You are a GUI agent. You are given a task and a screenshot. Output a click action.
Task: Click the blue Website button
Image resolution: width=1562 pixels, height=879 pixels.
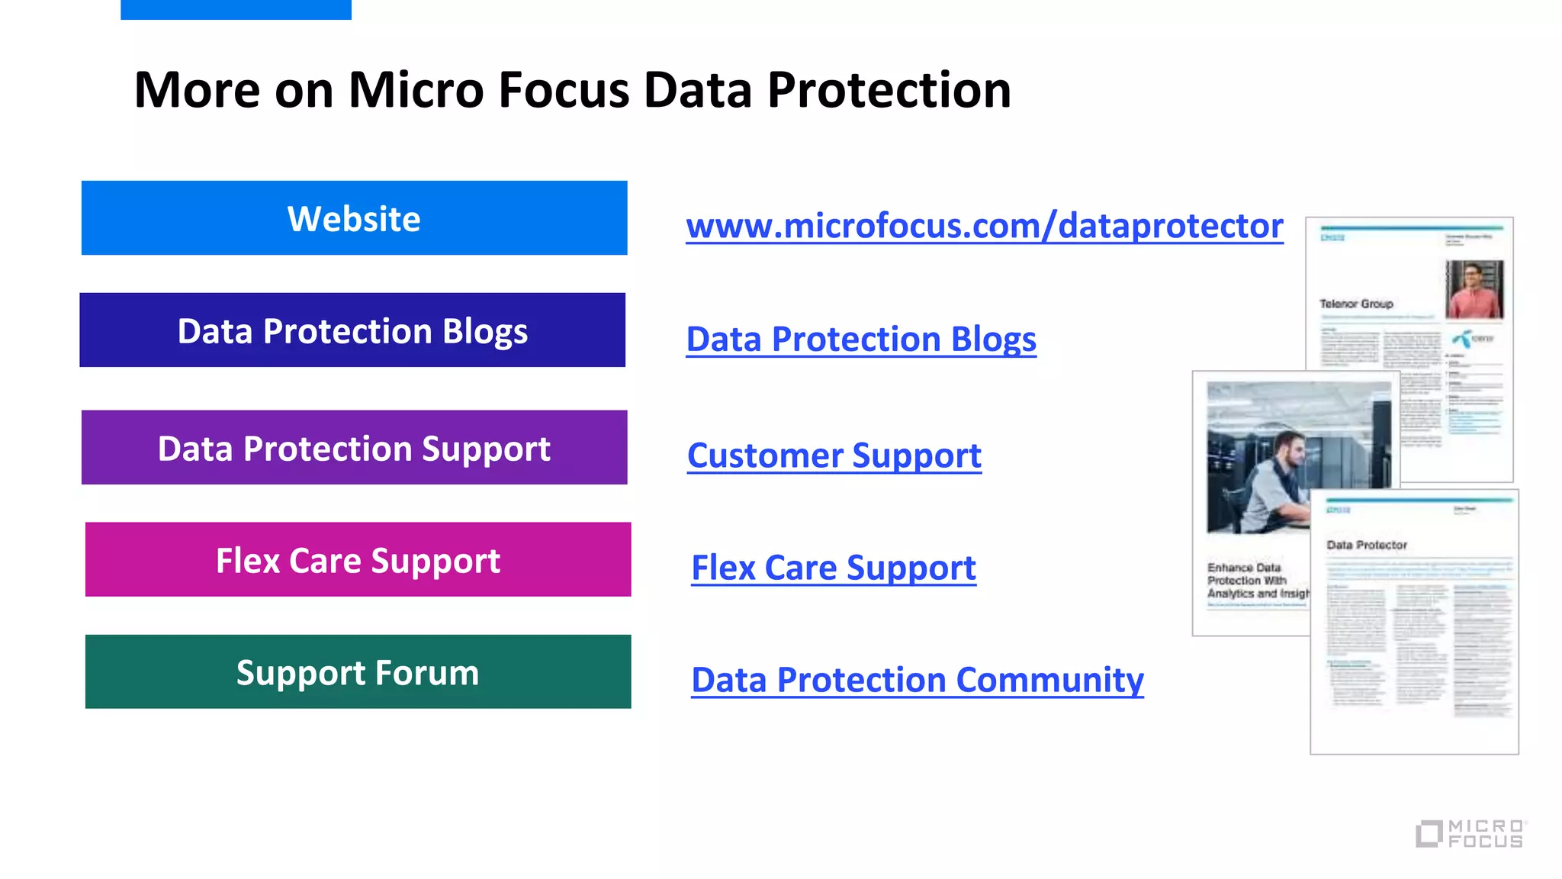pyautogui.click(x=354, y=218)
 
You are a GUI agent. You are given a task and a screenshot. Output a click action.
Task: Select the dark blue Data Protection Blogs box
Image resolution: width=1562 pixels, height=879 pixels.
pyautogui.click(x=352, y=330)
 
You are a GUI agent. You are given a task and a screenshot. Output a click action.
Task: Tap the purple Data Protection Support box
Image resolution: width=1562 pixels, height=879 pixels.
pyautogui.click(x=354, y=448)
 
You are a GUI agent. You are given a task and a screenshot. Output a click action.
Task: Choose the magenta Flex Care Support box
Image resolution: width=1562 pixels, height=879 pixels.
pyautogui.click(x=358, y=560)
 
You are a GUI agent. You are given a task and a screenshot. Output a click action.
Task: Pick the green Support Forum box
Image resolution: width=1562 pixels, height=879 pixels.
pyautogui.click(x=358, y=672)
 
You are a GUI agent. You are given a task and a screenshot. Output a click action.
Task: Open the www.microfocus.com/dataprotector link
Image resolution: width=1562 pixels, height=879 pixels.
pyautogui.click(x=984, y=227)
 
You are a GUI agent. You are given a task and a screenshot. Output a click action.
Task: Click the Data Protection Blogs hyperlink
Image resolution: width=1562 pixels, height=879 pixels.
pyautogui.click(x=861, y=340)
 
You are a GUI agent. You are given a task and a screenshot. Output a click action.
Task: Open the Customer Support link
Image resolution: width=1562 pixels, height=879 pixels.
pyautogui.click(x=834, y=456)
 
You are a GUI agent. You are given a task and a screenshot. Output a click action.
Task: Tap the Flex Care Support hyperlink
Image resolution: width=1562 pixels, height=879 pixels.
pyautogui.click(x=833, y=568)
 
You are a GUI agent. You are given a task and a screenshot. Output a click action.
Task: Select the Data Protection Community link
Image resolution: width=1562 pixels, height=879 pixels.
pyautogui.click(x=917, y=680)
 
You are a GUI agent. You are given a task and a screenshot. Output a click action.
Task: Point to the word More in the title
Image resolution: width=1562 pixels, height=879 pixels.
pyautogui.click(x=197, y=90)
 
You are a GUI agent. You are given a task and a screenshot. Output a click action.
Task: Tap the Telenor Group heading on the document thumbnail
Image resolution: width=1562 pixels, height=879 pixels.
pyautogui.click(x=1356, y=304)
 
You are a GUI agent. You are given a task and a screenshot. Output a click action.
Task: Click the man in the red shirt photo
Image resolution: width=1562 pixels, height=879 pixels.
pyautogui.click(x=1474, y=289)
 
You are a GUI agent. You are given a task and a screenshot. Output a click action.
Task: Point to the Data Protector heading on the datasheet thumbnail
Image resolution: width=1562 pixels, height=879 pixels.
pyautogui.click(x=1367, y=545)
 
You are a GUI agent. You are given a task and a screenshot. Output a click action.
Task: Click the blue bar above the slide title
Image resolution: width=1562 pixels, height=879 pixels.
pyautogui.click(x=236, y=9)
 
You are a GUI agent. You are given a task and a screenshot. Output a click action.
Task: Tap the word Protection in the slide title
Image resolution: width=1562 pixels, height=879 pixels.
pyautogui.click(x=889, y=90)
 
